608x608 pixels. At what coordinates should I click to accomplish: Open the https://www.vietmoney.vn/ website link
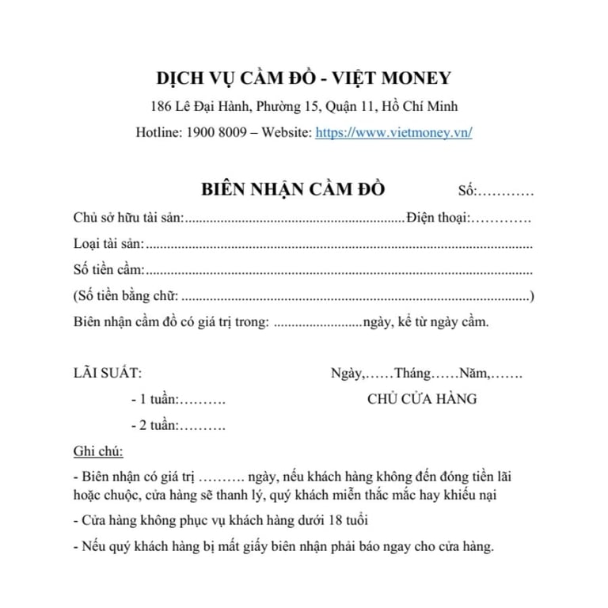[x=393, y=133]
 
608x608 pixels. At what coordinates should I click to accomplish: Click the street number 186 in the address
[x=161, y=107]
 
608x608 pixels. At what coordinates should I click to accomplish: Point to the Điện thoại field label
[x=439, y=217]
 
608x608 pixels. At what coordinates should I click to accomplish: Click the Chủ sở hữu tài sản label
[x=127, y=217]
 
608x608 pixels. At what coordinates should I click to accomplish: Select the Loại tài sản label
[x=108, y=244]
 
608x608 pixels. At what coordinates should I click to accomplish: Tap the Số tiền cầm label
[x=108, y=270]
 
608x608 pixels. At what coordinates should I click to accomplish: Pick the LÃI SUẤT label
[x=108, y=373]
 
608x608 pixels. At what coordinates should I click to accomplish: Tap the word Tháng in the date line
[x=412, y=373]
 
